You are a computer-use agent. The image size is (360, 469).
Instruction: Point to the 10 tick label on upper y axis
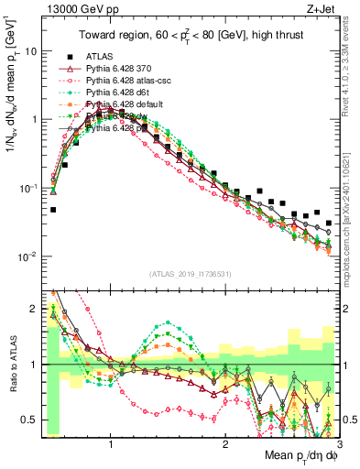pyautogui.click(x=30, y=51)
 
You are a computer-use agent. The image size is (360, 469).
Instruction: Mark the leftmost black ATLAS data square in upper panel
pyautogui.click(x=53, y=210)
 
